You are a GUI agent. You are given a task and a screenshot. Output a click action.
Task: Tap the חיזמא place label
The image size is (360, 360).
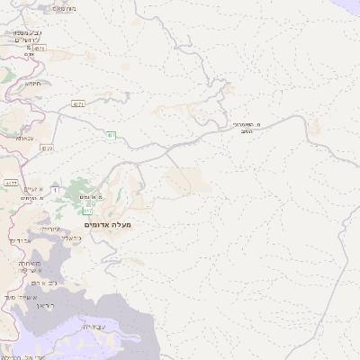tap(33, 83)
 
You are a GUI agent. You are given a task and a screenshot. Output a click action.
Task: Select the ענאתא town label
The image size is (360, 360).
tap(24, 138)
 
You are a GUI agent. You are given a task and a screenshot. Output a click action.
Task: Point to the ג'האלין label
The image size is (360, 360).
tap(74, 238)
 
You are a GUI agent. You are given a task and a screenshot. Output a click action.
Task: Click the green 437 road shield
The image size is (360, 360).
tap(111, 135)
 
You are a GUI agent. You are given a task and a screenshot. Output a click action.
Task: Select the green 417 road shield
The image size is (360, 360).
tap(87, 211)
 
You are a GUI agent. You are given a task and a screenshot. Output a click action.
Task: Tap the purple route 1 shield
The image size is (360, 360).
tap(55, 190)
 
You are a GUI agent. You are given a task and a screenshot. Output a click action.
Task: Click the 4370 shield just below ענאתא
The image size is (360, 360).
tap(47, 148)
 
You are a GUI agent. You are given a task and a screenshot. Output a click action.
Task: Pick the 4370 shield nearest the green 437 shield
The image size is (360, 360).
tap(78, 104)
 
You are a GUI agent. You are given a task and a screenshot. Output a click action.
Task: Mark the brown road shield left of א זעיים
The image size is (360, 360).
tap(11, 184)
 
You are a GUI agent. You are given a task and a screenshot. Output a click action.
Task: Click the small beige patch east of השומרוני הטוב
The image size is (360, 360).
tap(314, 128)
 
